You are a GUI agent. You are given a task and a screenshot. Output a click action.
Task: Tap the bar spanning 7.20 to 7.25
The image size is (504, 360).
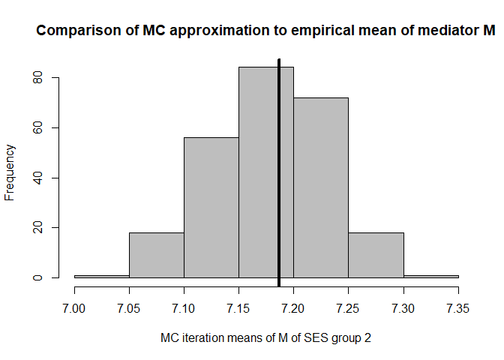pyautogui.click(x=321, y=187)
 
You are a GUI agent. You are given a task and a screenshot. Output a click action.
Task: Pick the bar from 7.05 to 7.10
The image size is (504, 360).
pyautogui.click(x=157, y=255)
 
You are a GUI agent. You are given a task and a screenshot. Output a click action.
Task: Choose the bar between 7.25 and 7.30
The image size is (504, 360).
pyautogui.click(x=376, y=255)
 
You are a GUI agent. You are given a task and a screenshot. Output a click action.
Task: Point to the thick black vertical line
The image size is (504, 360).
pyautogui.click(x=279, y=172)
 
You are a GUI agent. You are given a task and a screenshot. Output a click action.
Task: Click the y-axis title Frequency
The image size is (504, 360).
pyautogui.click(x=10, y=172)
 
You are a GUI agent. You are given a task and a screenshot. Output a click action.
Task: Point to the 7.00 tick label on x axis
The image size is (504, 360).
pyautogui.click(x=74, y=307)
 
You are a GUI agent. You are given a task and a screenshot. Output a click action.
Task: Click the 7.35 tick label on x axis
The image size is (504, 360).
pyautogui.click(x=458, y=307)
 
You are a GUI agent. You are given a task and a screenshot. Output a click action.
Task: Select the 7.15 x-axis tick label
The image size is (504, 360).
pyautogui.click(x=238, y=307)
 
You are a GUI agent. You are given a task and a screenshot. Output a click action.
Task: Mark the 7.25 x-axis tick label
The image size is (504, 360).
pyautogui.click(x=349, y=307)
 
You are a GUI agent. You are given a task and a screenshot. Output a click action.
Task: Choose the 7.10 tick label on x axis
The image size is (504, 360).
pyautogui.click(x=184, y=307)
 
